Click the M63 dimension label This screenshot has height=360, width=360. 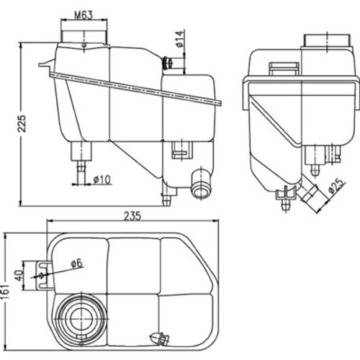click(x=86, y=14)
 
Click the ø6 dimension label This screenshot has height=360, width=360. click(x=77, y=264)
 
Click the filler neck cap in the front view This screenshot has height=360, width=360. click(x=85, y=32)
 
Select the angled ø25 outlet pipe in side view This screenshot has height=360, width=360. click(x=311, y=195)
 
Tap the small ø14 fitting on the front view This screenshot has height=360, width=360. click(x=171, y=63)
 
